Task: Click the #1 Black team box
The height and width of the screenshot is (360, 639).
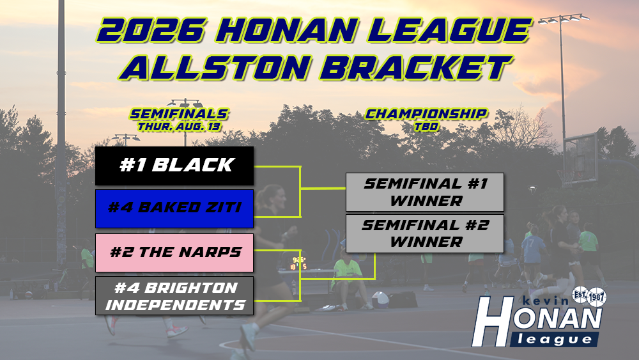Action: click(174, 166)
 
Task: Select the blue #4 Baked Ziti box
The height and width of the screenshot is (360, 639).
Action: click(174, 208)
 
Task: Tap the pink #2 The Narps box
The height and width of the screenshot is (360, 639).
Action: click(174, 253)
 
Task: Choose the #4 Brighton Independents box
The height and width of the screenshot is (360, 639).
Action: click(174, 296)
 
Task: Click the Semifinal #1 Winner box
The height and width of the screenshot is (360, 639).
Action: click(425, 192)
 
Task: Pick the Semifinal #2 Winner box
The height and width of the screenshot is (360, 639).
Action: click(425, 233)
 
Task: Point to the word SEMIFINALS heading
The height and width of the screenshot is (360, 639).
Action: click(180, 114)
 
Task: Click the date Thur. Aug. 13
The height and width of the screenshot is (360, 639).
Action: click(180, 127)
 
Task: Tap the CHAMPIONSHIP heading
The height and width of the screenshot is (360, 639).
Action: click(426, 114)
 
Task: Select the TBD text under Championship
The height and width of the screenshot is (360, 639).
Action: click(426, 127)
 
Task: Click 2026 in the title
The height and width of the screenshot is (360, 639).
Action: click(150, 31)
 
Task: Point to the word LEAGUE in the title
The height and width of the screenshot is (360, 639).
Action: click(451, 31)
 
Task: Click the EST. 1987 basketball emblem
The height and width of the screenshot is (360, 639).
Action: click(589, 297)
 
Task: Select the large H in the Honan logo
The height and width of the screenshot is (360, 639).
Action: click(493, 322)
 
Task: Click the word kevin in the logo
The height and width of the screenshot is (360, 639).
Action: click(546, 301)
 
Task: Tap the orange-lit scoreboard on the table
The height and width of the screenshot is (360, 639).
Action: click(298, 263)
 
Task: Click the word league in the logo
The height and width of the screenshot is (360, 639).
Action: click(554, 339)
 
